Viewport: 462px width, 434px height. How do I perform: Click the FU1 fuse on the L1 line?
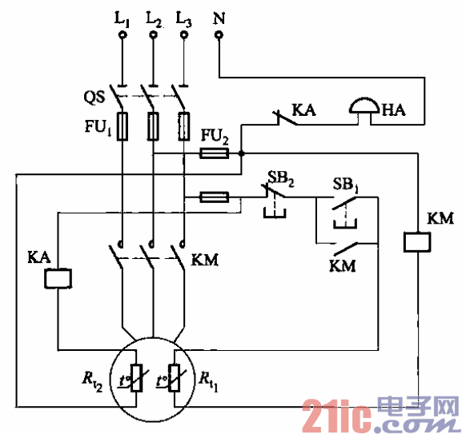point(122,126)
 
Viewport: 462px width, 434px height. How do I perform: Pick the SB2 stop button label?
point(283,177)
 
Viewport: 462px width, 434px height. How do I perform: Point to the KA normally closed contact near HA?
point(279,120)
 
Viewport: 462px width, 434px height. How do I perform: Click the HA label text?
point(394,112)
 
